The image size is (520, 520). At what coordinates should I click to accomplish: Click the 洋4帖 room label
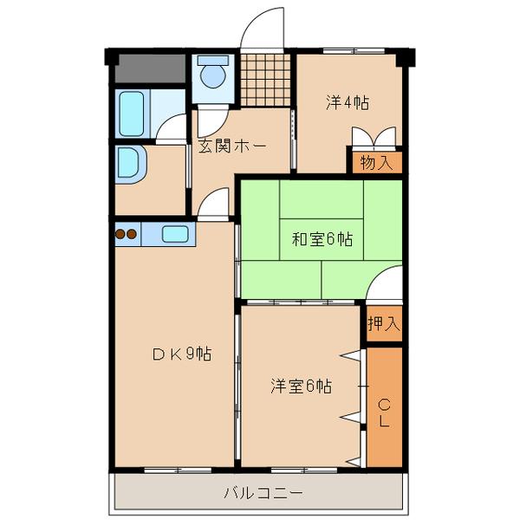click(348, 103)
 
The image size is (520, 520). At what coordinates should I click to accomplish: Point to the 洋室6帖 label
click(300, 387)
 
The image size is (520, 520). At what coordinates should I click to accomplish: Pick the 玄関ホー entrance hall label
click(231, 146)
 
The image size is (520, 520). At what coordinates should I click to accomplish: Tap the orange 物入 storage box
click(376, 162)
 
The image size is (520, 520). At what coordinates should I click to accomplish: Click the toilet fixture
click(211, 76)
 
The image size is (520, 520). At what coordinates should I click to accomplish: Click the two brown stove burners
click(127, 233)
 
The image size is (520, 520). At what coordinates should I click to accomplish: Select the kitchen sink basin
click(176, 233)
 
